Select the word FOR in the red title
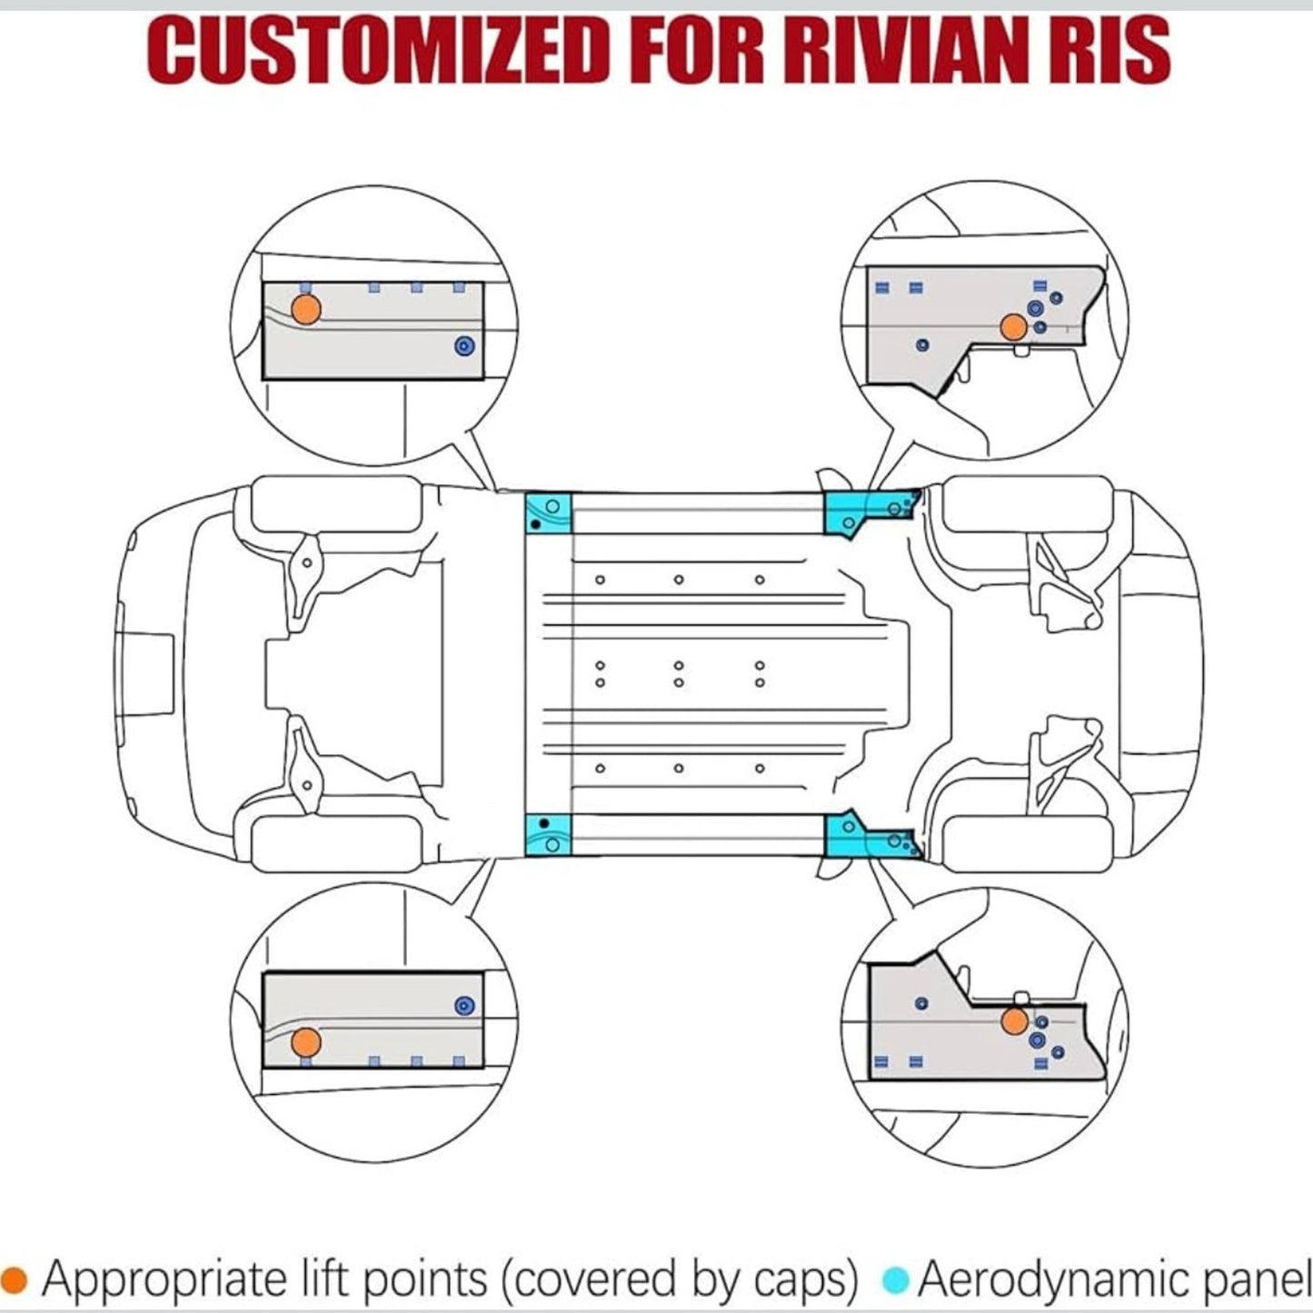[x=697, y=51]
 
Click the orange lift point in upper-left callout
[x=307, y=310]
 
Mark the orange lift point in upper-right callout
[x=1012, y=327]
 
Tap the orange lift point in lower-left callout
[x=307, y=1041]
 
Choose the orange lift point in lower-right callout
[x=1014, y=1021]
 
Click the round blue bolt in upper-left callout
[x=464, y=346]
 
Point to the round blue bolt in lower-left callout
[x=464, y=1005]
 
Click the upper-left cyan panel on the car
[x=549, y=513]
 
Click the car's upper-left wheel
[x=336, y=504]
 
